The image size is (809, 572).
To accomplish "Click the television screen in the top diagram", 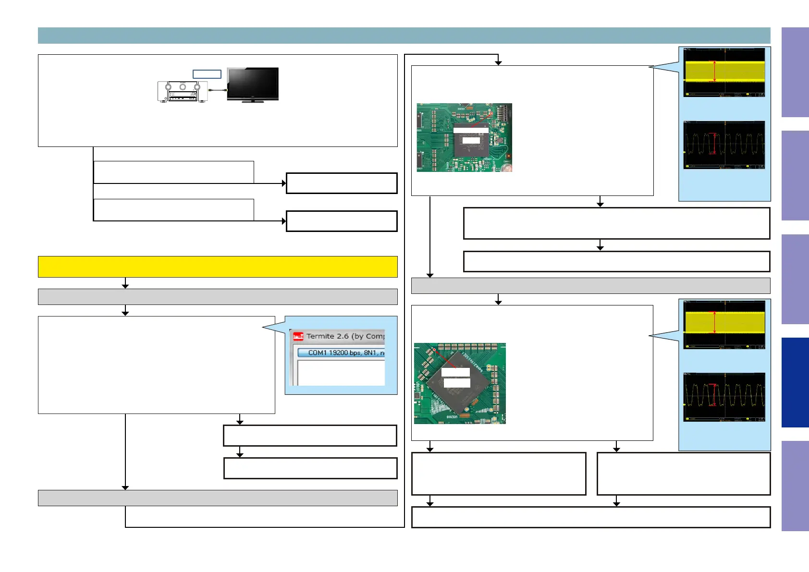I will pyautogui.click(x=253, y=83).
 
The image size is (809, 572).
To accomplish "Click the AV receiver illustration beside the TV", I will pyautogui.click(x=183, y=91).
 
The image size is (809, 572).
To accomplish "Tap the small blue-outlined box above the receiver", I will pyautogui.click(x=207, y=74).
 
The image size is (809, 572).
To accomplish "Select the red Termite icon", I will pyautogui.click(x=298, y=336).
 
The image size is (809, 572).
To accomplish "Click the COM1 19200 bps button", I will pyautogui.click(x=341, y=353).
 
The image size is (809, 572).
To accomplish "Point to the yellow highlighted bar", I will pyautogui.click(x=218, y=267).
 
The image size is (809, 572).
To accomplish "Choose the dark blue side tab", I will pyautogui.click(x=795, y=382).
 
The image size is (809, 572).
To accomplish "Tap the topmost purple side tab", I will pyautogui.click(x=795, y=72).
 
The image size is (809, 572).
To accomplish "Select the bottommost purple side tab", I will pyautogui.click(x=795, y=486).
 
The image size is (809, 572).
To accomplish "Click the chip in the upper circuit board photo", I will pyautogui.click(x=471, y=139).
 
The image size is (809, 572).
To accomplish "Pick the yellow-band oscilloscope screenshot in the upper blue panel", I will pyautogui.click(x=724, y=72).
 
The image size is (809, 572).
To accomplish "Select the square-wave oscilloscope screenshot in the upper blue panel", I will pyautogui.click(x=724, y=145).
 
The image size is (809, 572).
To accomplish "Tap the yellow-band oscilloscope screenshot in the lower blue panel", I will pyautogui.click(x=724, y=325).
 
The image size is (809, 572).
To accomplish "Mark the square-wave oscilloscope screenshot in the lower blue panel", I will pyautogui.click(x=724, y=397).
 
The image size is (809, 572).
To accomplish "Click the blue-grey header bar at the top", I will pyautogui.click(x=404, y=36).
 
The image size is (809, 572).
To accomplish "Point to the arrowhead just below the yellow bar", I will pyautogui.click(x=125, y=286).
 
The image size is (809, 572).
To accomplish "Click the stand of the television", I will pyautogui.click(x=253, y=101).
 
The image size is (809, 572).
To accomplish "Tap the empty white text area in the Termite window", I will pyautogui.click(x=341, y=372).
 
